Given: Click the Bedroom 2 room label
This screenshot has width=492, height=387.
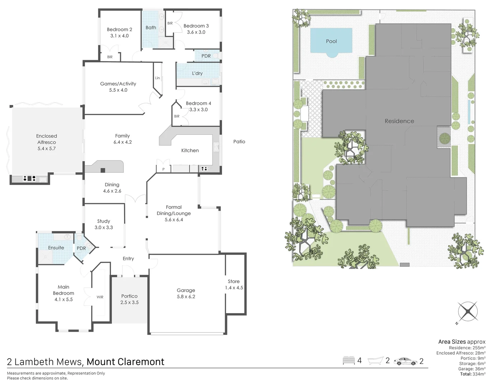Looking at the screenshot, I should tap(120, 33).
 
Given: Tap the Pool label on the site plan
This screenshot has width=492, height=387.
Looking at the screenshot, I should tap(331, 41).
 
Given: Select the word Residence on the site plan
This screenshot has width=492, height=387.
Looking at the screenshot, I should tap(399, 121).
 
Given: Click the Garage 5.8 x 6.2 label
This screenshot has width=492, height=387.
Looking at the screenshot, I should tap(186, 293).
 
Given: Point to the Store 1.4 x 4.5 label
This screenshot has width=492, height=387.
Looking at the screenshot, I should tap(234, 285).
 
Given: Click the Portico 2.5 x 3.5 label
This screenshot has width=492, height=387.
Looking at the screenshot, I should tap(129, 299).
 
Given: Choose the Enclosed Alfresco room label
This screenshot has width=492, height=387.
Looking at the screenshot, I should tap(47, 142).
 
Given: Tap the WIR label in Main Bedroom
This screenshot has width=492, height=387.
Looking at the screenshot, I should tap(100, 297).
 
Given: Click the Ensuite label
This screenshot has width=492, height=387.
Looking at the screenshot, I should tap(56, 248).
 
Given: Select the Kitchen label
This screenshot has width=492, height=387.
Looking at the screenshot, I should tap(190, 150).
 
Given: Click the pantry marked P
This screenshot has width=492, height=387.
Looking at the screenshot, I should tap(164, 169).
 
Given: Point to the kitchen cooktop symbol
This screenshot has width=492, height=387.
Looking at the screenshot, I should tap(205, 169).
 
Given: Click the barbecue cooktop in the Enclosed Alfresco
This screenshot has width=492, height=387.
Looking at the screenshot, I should tap(29, 178).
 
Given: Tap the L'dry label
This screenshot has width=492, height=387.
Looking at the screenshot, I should tap(197, 73).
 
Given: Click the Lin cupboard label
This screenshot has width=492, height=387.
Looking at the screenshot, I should tap(157, 78).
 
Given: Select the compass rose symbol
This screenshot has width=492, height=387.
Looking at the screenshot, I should tap(468, 311).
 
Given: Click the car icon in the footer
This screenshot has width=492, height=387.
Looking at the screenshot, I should tap(406, 361).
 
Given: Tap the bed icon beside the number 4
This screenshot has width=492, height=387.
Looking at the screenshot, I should tap(348, 360).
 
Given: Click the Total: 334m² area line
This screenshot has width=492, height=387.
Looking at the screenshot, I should tap(473, 374).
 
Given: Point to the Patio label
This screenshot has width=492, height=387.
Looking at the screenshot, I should tap(239, 142).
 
